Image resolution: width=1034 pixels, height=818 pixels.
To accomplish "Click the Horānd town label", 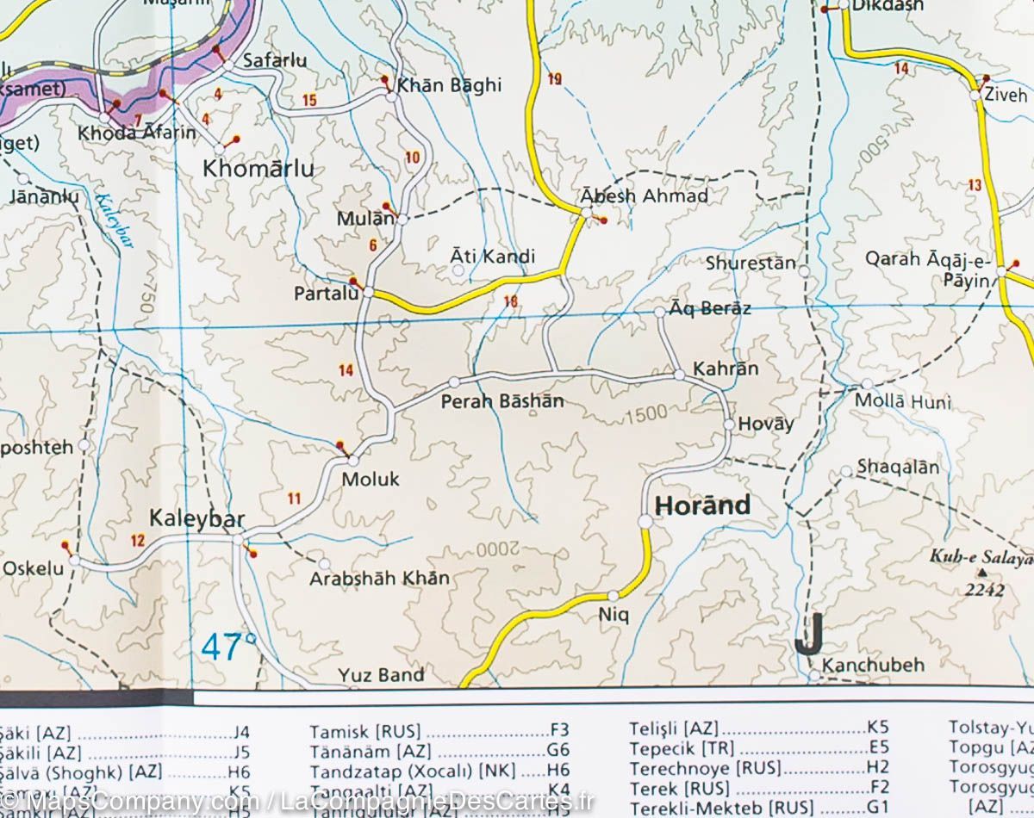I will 702,505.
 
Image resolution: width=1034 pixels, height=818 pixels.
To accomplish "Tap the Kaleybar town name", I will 197,518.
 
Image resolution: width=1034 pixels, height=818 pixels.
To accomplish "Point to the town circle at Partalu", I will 368,293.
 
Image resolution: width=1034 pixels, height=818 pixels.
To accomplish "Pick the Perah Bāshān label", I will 502,401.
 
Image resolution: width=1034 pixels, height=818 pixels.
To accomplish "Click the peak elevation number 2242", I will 985,590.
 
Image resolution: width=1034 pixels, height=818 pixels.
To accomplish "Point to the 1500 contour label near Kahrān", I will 647,415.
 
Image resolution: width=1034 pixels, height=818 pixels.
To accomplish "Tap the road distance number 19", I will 554,79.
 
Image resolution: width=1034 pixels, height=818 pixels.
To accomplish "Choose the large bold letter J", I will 810,635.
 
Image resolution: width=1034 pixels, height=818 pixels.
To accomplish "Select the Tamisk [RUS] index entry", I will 364,732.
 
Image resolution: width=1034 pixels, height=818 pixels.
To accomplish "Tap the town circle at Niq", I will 613,596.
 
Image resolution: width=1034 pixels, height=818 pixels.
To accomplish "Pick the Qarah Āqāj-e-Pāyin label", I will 929,269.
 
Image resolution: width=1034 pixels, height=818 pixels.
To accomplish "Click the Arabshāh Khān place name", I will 380,579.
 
